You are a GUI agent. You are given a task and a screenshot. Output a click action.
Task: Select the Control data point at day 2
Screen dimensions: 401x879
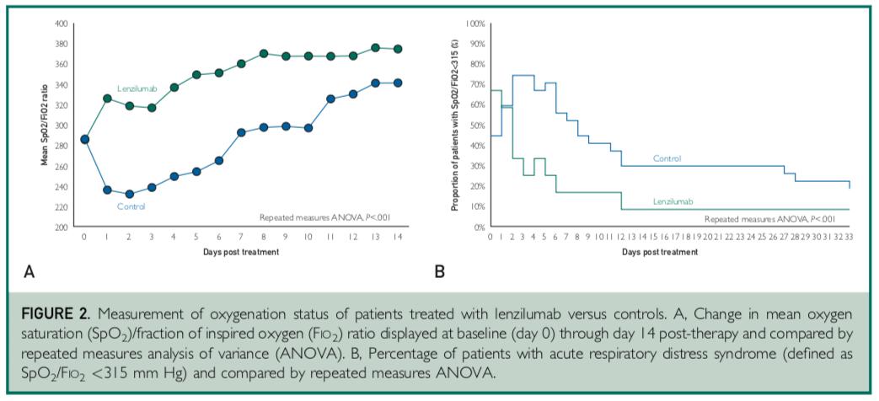pos(129,194)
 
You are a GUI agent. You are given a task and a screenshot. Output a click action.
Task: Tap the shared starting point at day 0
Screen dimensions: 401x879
pos(84,139)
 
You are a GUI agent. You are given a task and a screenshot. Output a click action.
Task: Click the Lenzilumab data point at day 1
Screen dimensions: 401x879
pos(107,99)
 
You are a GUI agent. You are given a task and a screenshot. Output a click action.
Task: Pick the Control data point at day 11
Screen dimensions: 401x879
pos(330,99)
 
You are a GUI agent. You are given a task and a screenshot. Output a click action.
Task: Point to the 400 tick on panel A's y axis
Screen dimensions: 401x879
pos(61,23)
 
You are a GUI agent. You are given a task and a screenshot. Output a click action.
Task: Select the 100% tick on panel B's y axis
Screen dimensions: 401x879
pos(474,23)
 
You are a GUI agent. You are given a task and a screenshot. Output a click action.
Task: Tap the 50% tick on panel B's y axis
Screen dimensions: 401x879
pos(476,125)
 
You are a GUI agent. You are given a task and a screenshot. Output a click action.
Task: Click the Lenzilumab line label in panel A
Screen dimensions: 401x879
pos(133,88)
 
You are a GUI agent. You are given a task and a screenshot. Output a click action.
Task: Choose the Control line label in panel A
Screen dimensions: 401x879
pos(131,206)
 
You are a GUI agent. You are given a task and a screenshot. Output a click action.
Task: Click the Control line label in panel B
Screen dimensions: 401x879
pos(667,158)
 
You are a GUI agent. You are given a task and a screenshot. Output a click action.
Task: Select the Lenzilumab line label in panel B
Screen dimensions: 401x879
pos(673,202)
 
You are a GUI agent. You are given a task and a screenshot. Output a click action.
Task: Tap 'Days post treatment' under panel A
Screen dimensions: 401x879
pos(240,252)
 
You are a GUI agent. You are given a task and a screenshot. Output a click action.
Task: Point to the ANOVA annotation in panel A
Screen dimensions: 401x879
pos(324,217)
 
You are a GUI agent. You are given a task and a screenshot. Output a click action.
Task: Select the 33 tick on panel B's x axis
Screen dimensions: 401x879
pos(849,238)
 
